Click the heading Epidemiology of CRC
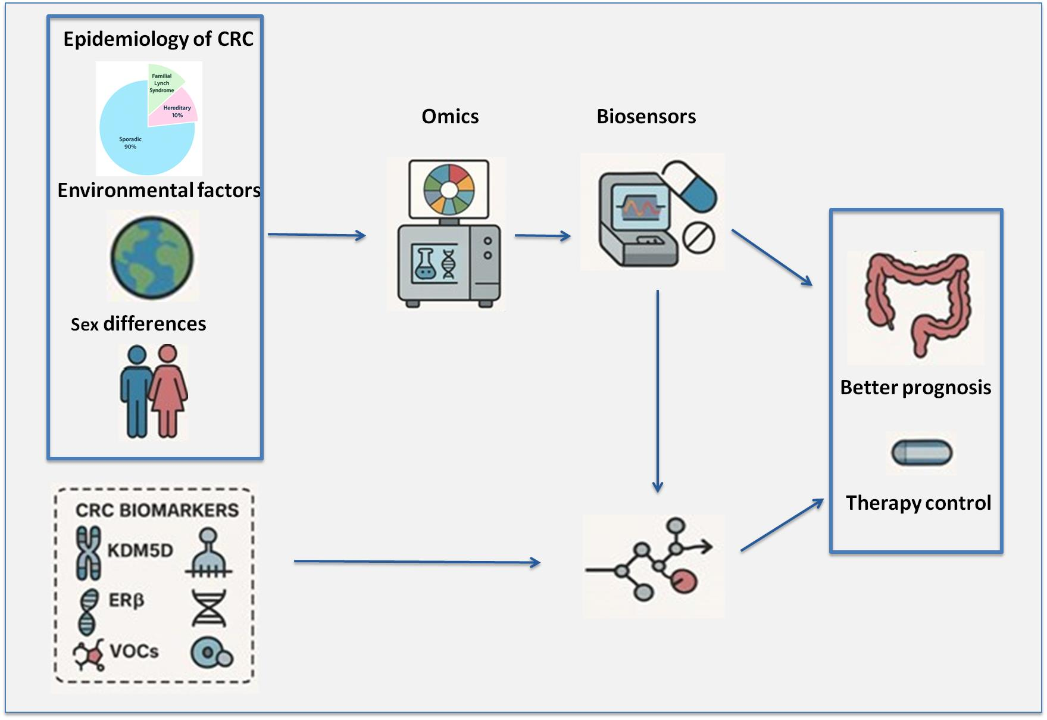pyautogui.click(x=158, y=39)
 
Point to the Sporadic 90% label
pyautogui.click(x=130, y=143)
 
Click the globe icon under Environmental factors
pyautogui.click(x=152, y=257)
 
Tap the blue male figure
pyautogui.click(x=136, y=391)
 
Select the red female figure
pyautogui.click(x=168, y=391)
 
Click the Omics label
pyautogui.click(x=450, y=116)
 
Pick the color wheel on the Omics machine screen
pyautogui.click(x=449, y=189)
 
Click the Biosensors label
pyautogui.click(x=646, y=116)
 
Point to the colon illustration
pyautogui.click(x=915, y=306)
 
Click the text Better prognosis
pyautogui.click(x=915, y=388)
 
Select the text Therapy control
pyautogui.click(x=918, y=503)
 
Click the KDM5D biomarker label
pyautogui.click(x=140, y=550)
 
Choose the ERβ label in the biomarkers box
pyautogui.click(x=126, y=600)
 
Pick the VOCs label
pyautogui.click(x=135, y=651)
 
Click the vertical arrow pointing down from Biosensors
pyautogui.click(x=658, y=391)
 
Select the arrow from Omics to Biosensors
pyautogui.click(x=543, y=236)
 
